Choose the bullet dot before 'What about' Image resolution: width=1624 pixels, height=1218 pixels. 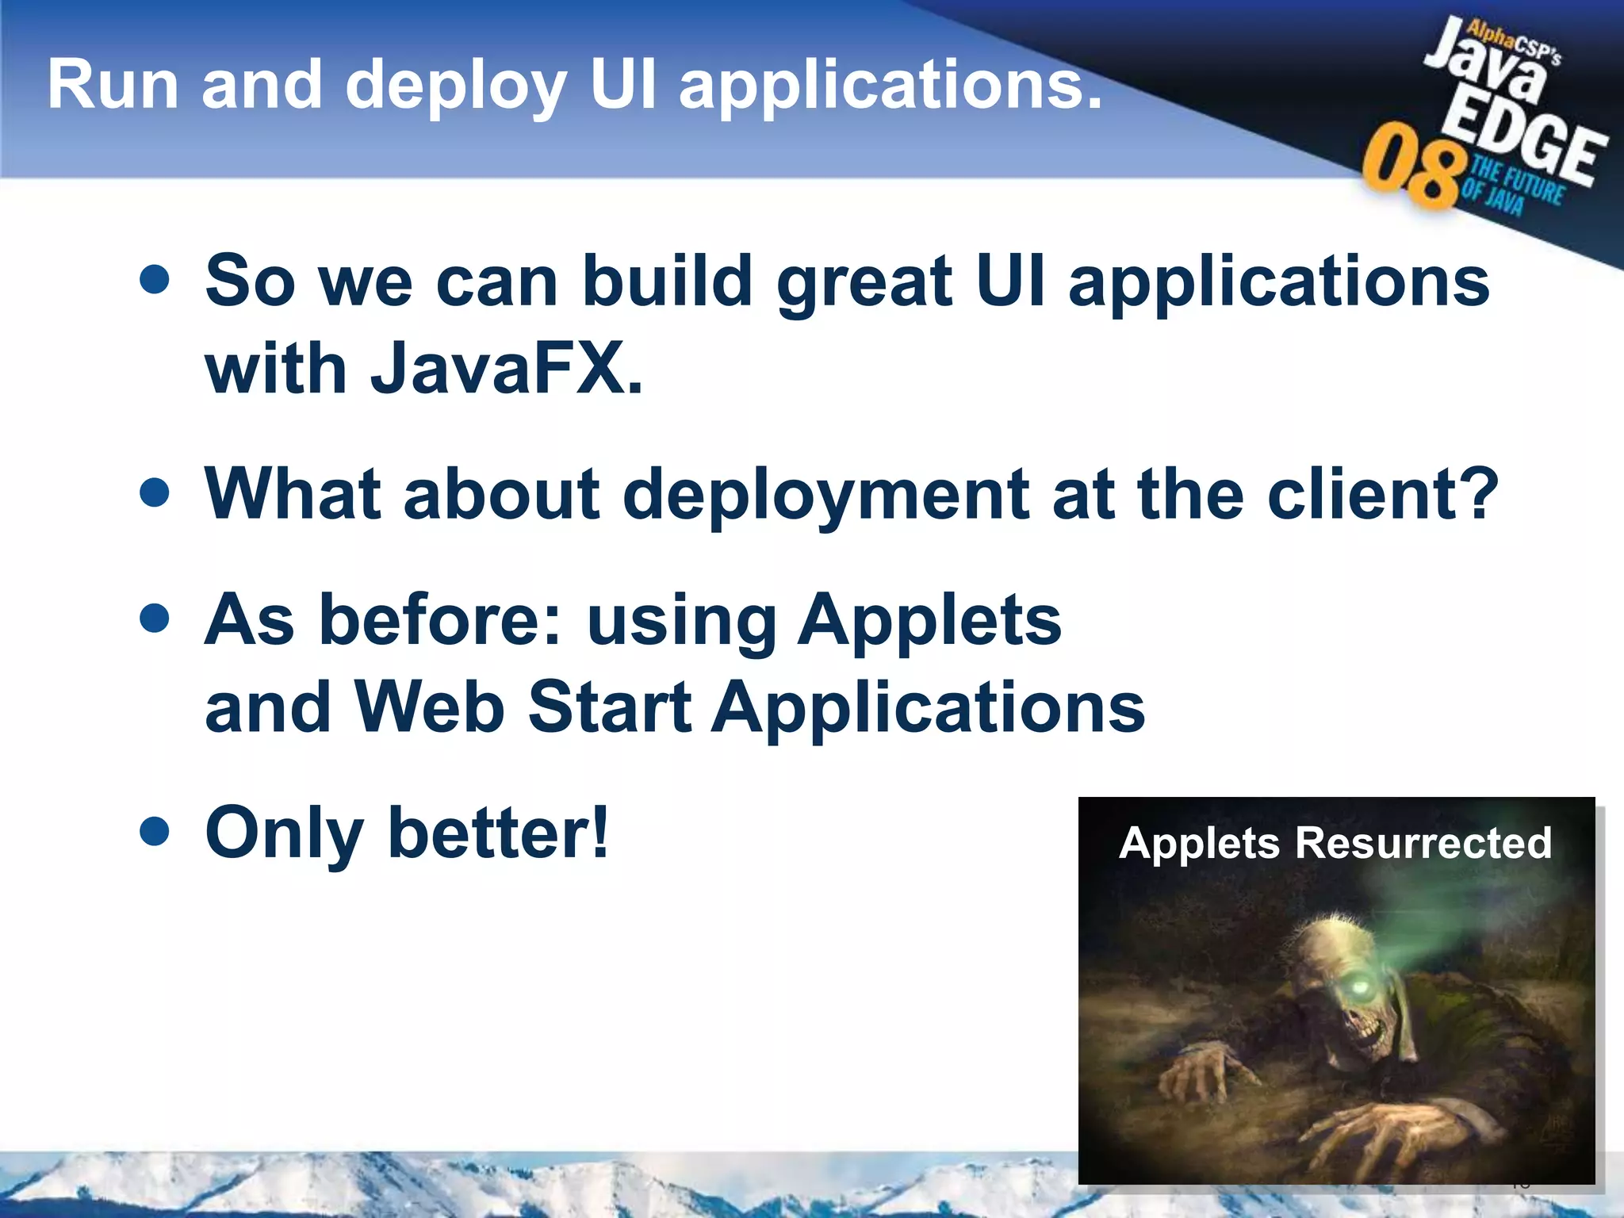(154, 492)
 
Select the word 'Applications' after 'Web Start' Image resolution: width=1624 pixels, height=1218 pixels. (928, 707)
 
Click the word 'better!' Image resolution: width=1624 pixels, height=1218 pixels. (499, 832)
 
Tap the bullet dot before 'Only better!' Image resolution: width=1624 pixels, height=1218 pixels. (154, 832)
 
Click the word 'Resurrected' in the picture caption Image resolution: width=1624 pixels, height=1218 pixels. (1423, 842)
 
